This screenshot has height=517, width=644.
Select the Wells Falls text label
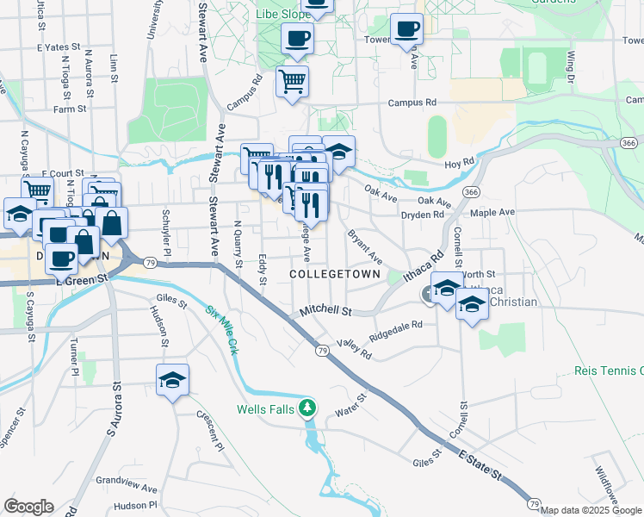click(267, 408)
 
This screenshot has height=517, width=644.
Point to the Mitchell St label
click(326, 310)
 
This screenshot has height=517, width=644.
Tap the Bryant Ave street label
click(364, 246)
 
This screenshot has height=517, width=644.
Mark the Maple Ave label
click(492, 212)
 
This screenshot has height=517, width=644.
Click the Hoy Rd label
click(461, 161)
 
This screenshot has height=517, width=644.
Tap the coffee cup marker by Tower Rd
click(406, 28)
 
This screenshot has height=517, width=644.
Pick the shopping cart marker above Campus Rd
click(292, 81)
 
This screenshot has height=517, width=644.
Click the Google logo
click(28, 507)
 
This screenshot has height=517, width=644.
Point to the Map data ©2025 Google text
click(591, 510)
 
